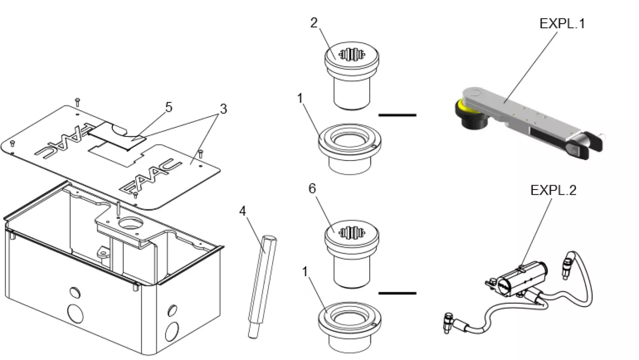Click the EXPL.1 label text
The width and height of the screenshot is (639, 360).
[x=562, y=23]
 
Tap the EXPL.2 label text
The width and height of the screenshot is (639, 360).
[x=553, y=190]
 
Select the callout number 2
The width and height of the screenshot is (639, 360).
[x=314, y=23]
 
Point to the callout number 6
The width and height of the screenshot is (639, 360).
[x=312, y=189]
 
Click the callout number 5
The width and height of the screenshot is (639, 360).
[x=168, y=107]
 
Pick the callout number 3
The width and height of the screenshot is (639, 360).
[x=222, y=108]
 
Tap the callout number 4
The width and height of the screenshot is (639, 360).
[x=243, y=209]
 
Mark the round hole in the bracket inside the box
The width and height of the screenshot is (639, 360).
[x=129, y=223]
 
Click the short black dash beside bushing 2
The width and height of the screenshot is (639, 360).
[x=397, y=115]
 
